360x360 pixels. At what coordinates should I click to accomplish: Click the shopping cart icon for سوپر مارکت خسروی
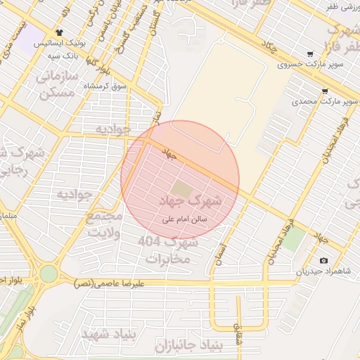[310, 54]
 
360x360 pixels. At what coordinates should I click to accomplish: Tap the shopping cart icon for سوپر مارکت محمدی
[324, 91]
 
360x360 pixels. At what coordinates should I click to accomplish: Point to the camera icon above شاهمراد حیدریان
[323, 261]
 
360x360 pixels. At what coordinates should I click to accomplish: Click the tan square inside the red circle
[181, 188]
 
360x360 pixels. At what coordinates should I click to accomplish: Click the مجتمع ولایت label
[105, 224]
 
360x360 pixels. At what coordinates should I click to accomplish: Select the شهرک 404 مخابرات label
[168, 250]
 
